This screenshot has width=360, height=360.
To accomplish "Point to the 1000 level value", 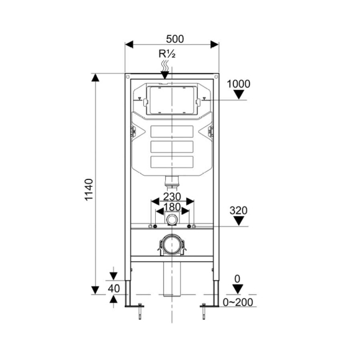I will pos(239,84).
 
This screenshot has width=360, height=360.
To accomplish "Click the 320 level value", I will pos(238,210).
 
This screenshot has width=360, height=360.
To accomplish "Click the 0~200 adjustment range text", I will pos(240,302).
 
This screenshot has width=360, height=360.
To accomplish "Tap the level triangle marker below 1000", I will pos(239,95).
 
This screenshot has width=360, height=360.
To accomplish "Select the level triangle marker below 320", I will pos(239,222).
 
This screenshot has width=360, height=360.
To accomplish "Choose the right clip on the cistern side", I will pos(211,132).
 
